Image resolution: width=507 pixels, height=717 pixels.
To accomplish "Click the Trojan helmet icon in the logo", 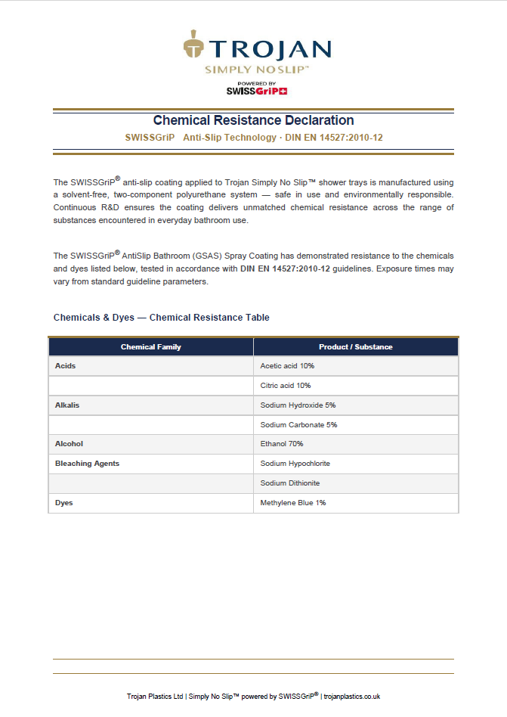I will [194, 45].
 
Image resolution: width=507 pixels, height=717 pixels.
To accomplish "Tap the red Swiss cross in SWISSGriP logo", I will [283, 92].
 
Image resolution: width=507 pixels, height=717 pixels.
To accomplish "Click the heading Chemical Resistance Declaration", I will [253, 120].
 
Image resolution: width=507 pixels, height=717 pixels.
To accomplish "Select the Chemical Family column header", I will [151, 347].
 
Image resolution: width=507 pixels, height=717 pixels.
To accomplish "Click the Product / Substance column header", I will [356, 347].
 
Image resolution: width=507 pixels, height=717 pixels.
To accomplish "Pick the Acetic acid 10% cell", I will [287, 366].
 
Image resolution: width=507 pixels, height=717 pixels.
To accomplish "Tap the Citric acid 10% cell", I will [286, 386].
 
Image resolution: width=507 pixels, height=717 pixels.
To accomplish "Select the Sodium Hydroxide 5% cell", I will [298, 405].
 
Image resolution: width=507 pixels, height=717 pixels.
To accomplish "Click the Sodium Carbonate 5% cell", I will [298, 425].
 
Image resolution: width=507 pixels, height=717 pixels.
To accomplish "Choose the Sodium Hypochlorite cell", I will [295, 464].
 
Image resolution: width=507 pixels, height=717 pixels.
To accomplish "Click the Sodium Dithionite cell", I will [291, 483].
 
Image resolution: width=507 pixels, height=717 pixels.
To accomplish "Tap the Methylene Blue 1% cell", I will [293, 503].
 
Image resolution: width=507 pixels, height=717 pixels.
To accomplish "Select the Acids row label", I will [66, 366].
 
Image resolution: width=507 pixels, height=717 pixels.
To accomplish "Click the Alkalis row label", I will [67, 405].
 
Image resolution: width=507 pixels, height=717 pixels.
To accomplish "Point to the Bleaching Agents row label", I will [87, 464].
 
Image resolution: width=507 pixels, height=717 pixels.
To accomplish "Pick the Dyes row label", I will [64, 503].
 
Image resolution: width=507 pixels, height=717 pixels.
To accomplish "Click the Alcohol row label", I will [69, 444].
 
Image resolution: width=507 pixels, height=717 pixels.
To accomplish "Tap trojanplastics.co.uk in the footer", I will [351, 697].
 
